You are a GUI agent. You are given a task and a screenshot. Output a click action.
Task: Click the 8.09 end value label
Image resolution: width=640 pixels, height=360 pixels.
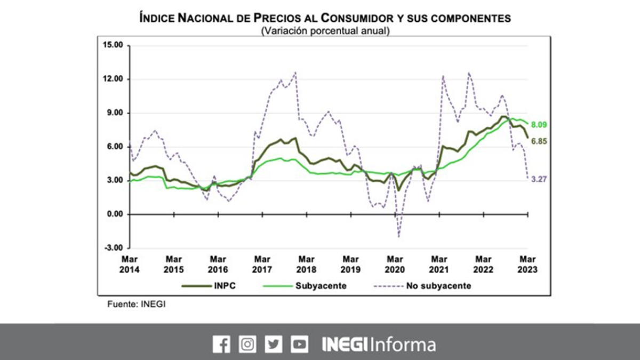(539, 125)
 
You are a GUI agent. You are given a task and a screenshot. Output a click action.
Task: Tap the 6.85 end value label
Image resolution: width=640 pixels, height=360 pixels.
(539, 141)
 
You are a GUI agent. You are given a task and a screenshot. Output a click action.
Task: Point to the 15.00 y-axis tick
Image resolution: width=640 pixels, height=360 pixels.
(113, 45)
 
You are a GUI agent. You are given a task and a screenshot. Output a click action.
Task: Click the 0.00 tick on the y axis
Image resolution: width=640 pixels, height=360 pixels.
(114, 214)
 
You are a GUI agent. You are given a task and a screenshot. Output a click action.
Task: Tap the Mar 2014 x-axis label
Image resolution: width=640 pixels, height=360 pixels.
(130, 265)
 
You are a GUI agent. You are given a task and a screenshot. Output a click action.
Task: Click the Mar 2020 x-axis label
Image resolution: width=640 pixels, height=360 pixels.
(395, 265)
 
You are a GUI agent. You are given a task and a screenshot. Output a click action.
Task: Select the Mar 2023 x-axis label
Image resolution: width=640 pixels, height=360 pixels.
(527, 265)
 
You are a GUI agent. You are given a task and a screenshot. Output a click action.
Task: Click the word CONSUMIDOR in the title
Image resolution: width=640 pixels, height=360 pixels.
(356, 19)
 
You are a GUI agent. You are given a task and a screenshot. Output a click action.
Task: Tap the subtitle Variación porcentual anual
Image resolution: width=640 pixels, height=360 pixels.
(325, 31)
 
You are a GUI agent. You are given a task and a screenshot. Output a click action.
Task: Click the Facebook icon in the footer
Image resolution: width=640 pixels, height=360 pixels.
(221, 345)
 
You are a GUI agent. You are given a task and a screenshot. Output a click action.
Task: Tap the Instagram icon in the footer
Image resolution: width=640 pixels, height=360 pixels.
(247, 345)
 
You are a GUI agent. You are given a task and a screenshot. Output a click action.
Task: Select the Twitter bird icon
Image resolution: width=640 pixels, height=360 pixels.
(273, 345)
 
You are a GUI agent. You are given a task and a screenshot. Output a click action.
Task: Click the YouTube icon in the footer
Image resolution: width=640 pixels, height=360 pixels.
(299, 345)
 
